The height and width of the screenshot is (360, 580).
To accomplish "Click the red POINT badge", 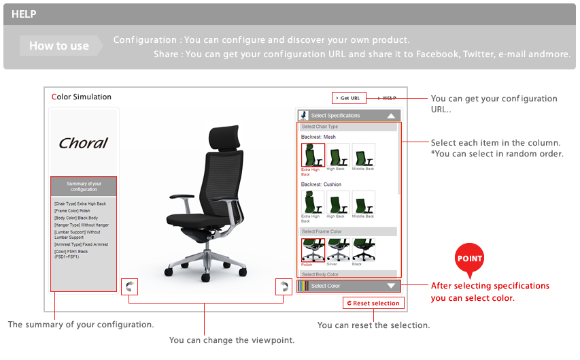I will click(469, 259).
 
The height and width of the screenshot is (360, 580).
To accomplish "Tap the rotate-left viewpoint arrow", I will click(129, 286).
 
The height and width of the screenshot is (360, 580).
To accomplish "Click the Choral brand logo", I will click(83, 143).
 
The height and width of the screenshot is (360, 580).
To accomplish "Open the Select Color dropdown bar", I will click(349, 286).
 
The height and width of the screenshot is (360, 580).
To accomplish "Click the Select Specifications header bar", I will click(349, 116).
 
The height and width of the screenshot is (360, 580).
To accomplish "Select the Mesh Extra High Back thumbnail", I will click(313, 155).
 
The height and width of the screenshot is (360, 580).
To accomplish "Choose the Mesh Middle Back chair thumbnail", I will click(363, 155).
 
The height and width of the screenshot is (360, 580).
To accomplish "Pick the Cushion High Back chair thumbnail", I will click(338, 203).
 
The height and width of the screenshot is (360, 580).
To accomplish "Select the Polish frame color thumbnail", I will click(313, 250).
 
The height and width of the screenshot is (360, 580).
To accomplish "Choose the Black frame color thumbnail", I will click(363, 250).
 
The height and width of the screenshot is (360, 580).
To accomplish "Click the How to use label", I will click(59, 46).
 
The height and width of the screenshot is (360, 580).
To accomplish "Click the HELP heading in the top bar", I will click(24, 14).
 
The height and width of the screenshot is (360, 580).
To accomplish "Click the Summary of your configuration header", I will click(84, 186).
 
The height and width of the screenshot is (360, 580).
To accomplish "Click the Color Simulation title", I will click(82, 97).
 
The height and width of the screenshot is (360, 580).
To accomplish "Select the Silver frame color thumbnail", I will click(338, 250).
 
